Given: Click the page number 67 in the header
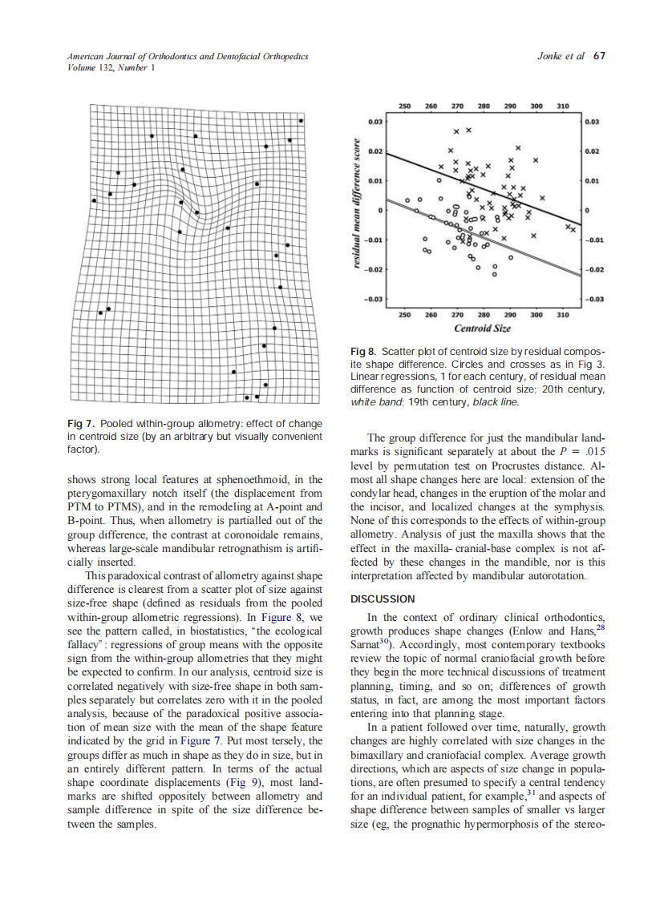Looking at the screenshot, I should click(599, 56).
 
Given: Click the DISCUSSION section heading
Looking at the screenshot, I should click(383, 599).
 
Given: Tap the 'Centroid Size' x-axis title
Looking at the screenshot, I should click(482, 329).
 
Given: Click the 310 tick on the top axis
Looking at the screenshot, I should click(562, 106).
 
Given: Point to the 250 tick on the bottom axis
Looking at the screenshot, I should click(405, 315).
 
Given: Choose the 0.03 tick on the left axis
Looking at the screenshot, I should click(374, 122).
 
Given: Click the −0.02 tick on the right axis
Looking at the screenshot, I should click(594, 270).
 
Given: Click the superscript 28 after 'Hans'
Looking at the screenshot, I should click(599, 629).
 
